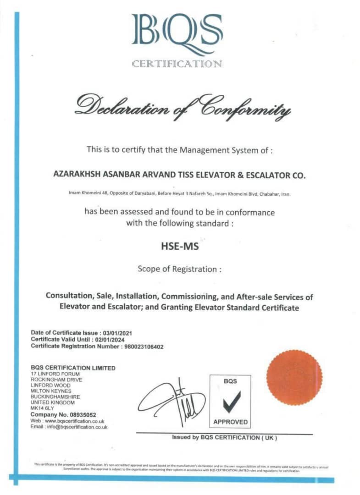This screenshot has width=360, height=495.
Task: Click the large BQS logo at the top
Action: tap(177, 34)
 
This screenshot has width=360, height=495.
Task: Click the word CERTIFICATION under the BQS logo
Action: tap(177, 64)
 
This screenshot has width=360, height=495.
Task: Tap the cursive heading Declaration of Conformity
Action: tap(183, 106)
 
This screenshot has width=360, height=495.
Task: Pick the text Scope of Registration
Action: tap(179, 269)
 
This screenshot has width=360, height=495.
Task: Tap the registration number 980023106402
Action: tap(144, 346)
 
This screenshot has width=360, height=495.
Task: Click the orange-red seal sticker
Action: tap(294, 378)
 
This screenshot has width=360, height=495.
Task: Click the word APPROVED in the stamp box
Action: tap(230, 422)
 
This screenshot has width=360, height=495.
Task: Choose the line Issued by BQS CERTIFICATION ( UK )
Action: tap(224, 438)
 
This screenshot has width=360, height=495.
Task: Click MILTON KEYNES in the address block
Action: tap(51, 391)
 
